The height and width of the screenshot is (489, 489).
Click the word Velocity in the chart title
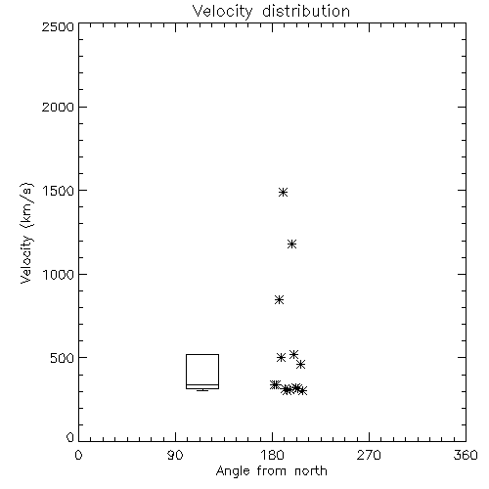[x=222, y=12]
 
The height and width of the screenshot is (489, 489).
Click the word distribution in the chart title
[x=306, y=11]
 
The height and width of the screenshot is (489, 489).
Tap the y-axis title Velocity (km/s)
[x=26, y=233]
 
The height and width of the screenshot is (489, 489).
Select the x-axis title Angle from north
[x=271, y=470]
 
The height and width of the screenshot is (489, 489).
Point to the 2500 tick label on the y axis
[x=58, y=27]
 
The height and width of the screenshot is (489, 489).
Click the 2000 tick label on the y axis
[x=58, y=107]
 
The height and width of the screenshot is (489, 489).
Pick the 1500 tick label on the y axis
[x=58, y=191]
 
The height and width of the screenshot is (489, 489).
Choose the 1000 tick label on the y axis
[x=58, y=274]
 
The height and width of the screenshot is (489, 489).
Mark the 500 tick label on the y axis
[x=62, y=358]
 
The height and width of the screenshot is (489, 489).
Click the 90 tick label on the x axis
[x=175, y=455]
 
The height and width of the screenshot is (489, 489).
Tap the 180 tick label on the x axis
[x=272, y=455]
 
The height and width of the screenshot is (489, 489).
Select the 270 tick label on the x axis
[x=369, y=455]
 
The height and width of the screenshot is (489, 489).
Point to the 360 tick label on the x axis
[x=466, y=455]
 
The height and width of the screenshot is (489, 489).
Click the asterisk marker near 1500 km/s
[x=283, y=192]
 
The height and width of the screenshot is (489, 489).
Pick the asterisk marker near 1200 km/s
[x=291, y=244]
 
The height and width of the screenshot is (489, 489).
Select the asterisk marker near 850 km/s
[x=279, y=299]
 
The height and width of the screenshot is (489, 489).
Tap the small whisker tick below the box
[x=202, y=390]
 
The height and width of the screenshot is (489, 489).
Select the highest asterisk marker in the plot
[x=283, y=192]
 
